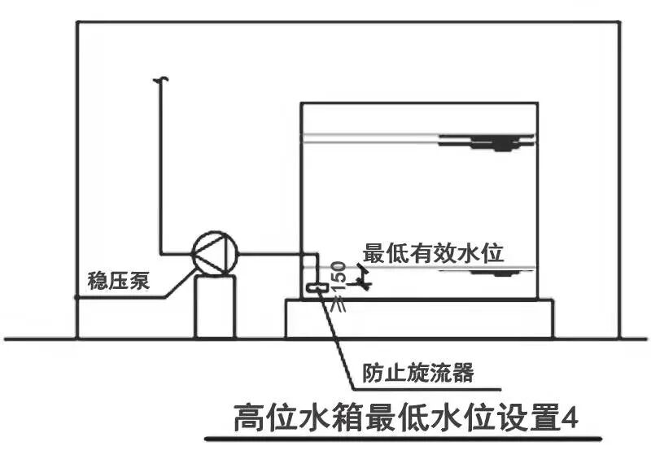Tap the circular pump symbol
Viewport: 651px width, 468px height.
point(214,252)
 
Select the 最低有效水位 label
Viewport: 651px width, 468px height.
point(434,253)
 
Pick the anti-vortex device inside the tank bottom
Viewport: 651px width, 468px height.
point(316,287)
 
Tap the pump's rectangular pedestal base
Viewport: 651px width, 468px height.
point(215,306)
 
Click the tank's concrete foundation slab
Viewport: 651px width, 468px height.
point(419,318)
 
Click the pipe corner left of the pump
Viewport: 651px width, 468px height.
point(161,252)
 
